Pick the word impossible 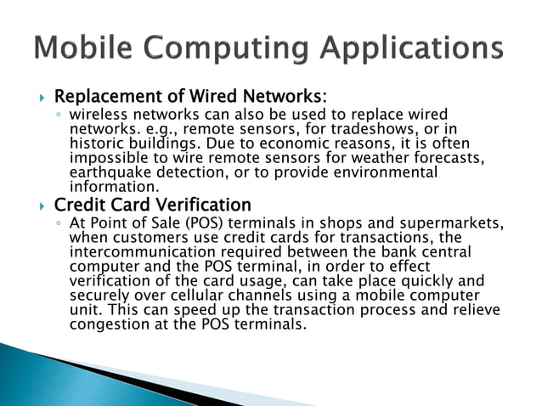[110, 158]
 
